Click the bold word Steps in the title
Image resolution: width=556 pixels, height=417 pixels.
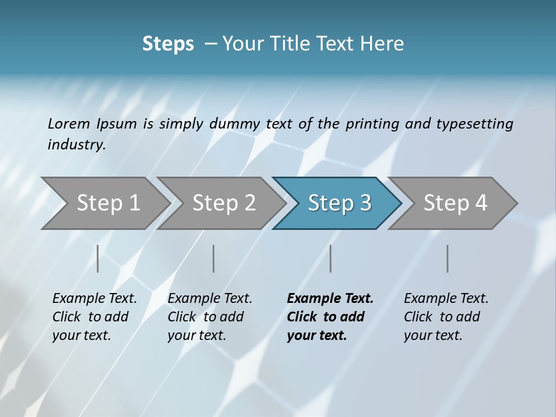point(168,44)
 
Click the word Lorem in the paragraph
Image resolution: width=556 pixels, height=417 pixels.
point(68,123)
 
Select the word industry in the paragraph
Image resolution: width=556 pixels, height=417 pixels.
point(76,144)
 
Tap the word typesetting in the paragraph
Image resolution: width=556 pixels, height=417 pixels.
point(474,123)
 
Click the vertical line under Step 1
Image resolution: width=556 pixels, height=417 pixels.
point(98,258)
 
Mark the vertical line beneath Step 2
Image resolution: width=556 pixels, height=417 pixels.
point(214,258)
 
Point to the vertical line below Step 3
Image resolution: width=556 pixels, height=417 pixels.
point(330,258)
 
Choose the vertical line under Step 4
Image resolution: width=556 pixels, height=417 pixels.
point(447,258)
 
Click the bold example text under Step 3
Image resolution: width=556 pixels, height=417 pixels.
point(329,317)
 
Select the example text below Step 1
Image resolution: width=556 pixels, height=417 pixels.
point(94,317)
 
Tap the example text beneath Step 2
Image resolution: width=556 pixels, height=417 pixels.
point(209,317)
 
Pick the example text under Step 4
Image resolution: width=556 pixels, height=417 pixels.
point(445,317)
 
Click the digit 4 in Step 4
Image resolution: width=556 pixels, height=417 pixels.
point(480,203)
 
